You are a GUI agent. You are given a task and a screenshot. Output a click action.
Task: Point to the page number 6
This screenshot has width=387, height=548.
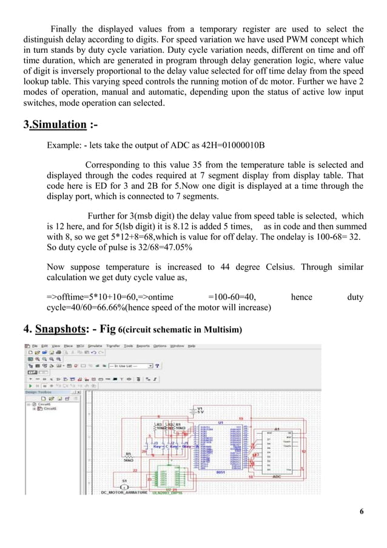362,511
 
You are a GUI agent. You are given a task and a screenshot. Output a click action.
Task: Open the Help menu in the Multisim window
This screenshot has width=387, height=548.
192,346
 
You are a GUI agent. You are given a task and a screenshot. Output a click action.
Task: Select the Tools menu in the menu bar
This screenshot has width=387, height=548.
129,346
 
